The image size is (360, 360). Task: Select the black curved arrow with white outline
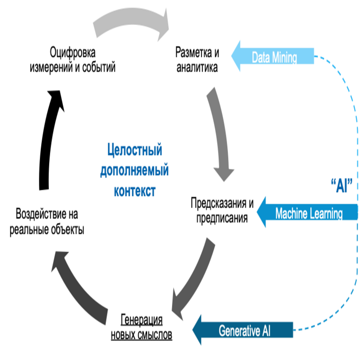click(47, 141)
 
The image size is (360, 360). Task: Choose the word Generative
click(239, 331)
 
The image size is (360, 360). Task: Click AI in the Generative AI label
click(265, 331)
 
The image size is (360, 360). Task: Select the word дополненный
click(134, 170)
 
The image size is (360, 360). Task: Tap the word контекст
click(135, 191)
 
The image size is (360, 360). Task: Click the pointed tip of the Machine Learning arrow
click(257, 212)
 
